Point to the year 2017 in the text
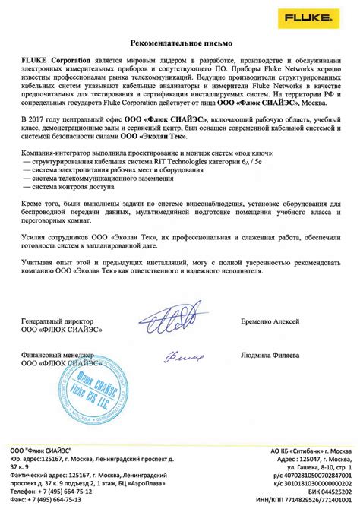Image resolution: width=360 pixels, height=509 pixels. pos(38,121)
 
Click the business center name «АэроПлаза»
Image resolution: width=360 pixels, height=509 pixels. pos(152,483)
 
